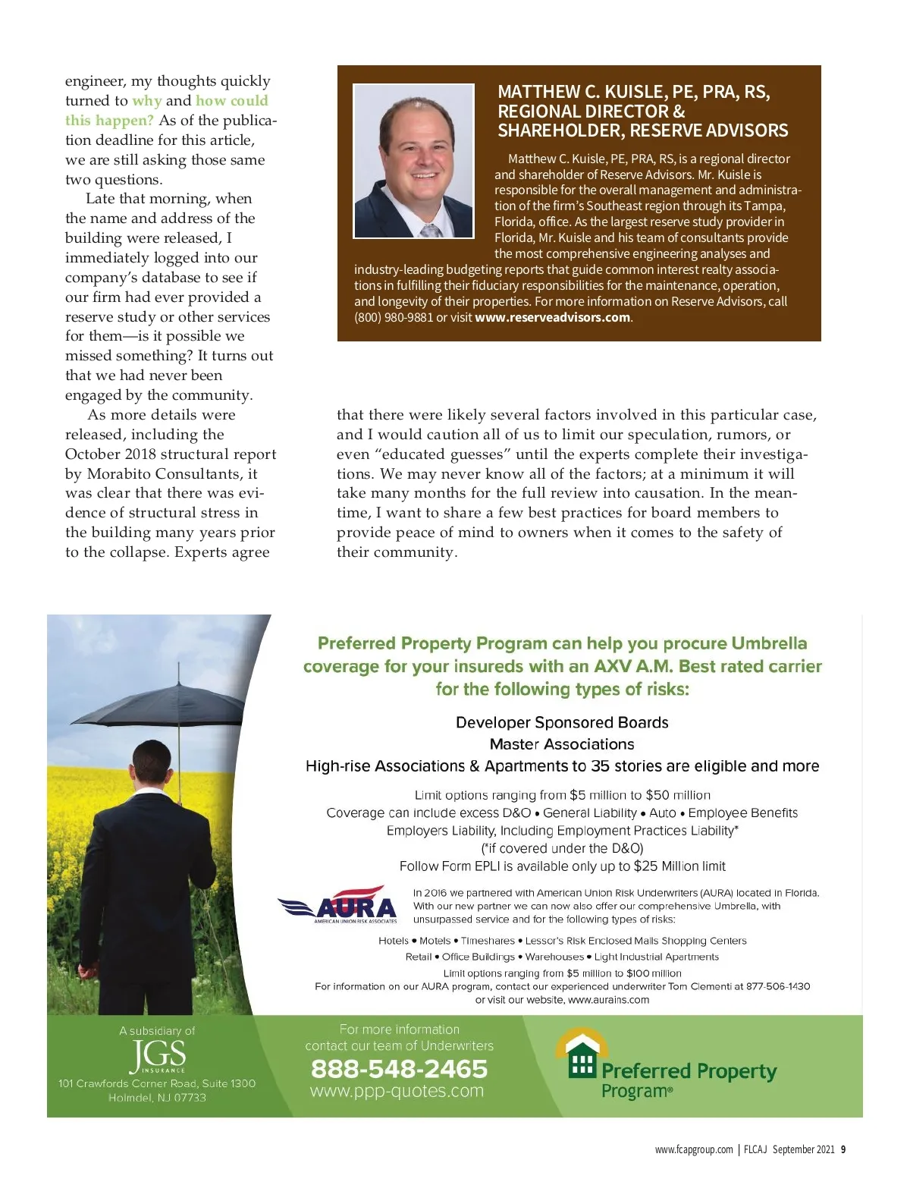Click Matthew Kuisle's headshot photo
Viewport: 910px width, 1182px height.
[x=414, y=161]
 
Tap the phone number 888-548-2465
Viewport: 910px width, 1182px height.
[x=399, y=1069]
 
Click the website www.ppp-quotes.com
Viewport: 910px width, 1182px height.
[x=397, y=1091]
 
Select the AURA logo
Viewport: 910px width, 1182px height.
[x=338, y=905]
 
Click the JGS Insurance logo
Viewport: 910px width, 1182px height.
[x=157, y=1055]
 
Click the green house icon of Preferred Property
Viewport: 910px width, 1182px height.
[x=582, y=1054]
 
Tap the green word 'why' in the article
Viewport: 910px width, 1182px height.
[x=146, y=101]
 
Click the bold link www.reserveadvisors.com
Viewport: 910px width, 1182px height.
[x=552, y=317]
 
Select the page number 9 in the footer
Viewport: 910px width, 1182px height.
[x=843, y=1149]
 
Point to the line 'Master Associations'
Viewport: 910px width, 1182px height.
[x=562, y=744]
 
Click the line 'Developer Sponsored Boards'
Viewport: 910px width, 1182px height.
[x=562, y=722]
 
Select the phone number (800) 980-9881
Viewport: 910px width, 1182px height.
[x=393, y=317]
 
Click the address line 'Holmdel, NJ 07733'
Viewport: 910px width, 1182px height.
[x=157, y=1098]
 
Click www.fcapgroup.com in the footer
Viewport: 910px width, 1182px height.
[x=694, y=1149]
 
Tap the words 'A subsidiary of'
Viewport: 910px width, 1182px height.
[x=157, y=1031]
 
